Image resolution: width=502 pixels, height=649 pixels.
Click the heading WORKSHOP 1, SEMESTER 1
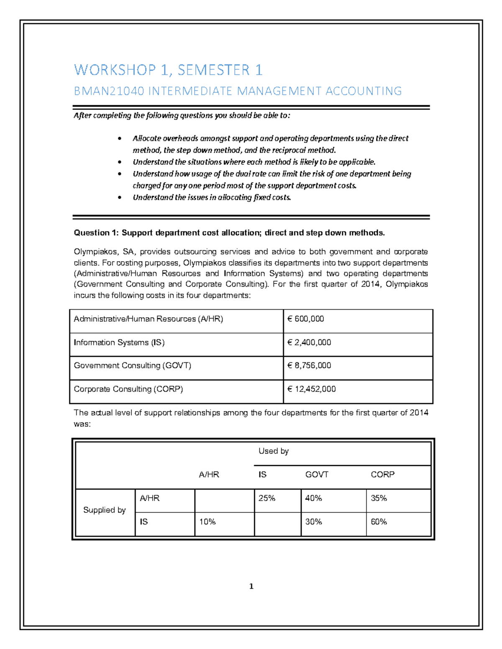click(x=168, y=70)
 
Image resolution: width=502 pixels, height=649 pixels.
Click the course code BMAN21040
click(x=108, y=91)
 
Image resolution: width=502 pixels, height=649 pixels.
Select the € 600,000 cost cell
click(x=306, y=319)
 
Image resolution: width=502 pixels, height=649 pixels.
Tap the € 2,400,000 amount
click(x=309, y=343)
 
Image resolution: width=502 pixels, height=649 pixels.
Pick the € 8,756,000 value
click(x=309, y=366)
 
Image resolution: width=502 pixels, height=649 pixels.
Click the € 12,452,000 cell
click(x=312, y=389)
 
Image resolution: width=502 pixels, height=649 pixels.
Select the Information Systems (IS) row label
click(x=119, y=343)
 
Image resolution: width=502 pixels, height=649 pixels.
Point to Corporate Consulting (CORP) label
click(x=128, y=389)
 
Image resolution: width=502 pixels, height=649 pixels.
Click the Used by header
click(x=274, y=451)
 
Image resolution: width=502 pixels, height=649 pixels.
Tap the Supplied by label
click(x=105, y=510)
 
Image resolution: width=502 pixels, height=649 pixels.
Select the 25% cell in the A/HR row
click(x=267, y=498)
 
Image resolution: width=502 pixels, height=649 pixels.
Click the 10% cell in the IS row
click(x=207, y=522)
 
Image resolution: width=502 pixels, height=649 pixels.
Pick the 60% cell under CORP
click(x=379, y=522)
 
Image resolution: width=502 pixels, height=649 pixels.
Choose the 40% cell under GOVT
click(x=313, y=498)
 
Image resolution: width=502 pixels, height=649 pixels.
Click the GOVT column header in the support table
click(x=317, y=475)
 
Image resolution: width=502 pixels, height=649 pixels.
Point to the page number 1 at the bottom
click(x=251, y=586)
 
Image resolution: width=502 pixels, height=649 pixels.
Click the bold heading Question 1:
click(x=96, y=233)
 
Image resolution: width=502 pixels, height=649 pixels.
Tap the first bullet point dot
click(x=120, y=139)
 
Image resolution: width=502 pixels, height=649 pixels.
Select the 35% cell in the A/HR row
click(x=379, y=498)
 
